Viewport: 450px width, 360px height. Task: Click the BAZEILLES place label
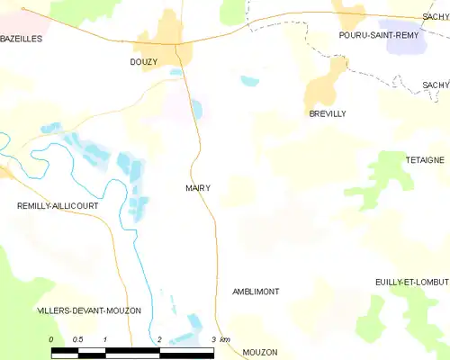[22, 39]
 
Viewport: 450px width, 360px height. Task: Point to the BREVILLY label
[328, 113]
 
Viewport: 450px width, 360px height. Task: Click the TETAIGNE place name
[425, 159]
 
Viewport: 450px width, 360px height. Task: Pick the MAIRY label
[198, 188]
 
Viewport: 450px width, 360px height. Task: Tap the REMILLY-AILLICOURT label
[58, 206]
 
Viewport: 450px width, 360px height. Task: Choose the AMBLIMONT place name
[256, 292]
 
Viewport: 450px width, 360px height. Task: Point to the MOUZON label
[260, 352]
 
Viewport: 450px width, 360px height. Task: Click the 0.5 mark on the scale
[78, 339]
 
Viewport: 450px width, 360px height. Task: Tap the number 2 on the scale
[159, 339]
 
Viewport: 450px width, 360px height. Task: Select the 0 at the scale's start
[52, 339]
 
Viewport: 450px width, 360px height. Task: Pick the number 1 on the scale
[105, 339]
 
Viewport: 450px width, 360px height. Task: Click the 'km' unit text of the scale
[225, 339]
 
